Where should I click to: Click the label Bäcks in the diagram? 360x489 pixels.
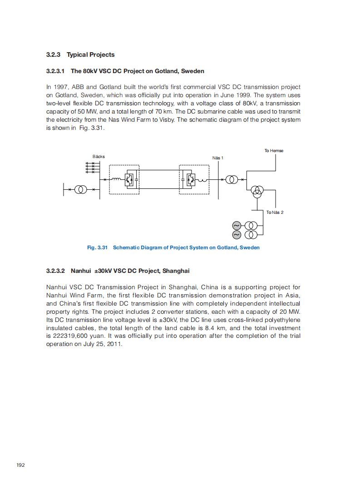[x=99, y=157]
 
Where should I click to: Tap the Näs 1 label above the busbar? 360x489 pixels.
[x=218, y=158]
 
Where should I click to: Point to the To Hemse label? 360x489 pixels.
[x=274, y=151]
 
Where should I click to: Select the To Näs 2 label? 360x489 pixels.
[x=275, y=212]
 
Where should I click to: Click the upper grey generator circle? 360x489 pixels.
[x=237, y=226]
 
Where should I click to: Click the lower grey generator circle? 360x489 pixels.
[x=237, y=234]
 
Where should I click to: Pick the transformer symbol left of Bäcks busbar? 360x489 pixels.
[x=80, y=189]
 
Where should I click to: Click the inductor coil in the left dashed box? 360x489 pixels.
[x=117, y=180]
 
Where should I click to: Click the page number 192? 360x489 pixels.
[x=20, y=465]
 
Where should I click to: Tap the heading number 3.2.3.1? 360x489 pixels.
[x=55, y=71]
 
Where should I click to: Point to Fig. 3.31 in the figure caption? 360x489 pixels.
[x=97, y=247]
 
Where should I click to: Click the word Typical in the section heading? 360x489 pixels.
[x=77, y=55]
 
